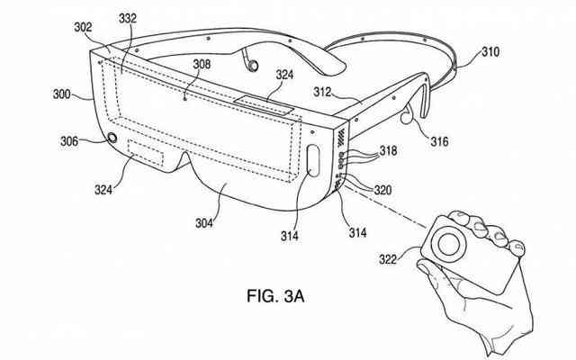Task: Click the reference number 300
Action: tap(62, 94)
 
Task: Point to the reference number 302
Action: tap(83, 27)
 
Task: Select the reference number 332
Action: tap(128, 18)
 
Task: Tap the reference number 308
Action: tap(202, 64)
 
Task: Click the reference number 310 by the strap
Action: tap(490, 52)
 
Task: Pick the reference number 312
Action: tap(322, 92)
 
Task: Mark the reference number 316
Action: tap(439, 141)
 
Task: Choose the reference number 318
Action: tap(388, 150)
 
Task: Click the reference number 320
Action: tap(382, 190)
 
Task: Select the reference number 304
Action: tap(204, 223)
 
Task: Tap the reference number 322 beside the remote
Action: tap(388, 259)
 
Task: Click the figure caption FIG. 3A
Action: tap(275, 296)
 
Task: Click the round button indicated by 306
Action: tap(112, 138)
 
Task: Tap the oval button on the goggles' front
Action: tap(313, 161)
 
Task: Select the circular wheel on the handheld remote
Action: tap(448, 244)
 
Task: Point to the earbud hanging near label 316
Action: tap(405, 118)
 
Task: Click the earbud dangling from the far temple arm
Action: tap(253, 66)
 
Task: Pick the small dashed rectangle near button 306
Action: tap(146, 152)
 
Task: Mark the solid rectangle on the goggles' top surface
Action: tap(264, 104)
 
